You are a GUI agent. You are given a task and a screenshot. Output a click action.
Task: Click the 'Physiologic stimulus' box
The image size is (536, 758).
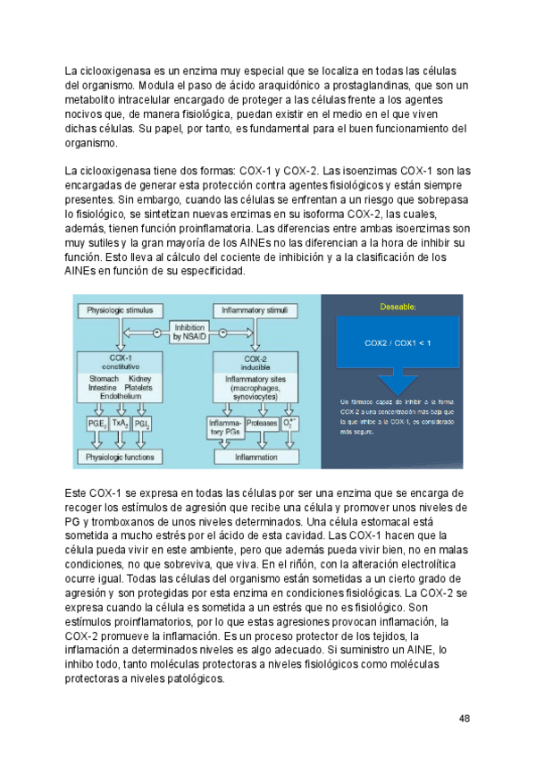coord(120,311)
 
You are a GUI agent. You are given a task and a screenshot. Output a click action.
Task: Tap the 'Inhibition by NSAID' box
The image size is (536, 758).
coord(189,332)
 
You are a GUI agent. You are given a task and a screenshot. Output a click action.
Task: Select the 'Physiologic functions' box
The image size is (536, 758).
coord(119,456)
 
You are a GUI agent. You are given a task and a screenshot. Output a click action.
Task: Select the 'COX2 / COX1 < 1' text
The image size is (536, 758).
coord(398,343)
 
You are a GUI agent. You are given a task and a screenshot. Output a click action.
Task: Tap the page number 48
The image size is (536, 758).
coord(465,718)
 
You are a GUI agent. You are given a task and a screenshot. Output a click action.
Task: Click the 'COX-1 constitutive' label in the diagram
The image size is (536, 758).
coord(120,362)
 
